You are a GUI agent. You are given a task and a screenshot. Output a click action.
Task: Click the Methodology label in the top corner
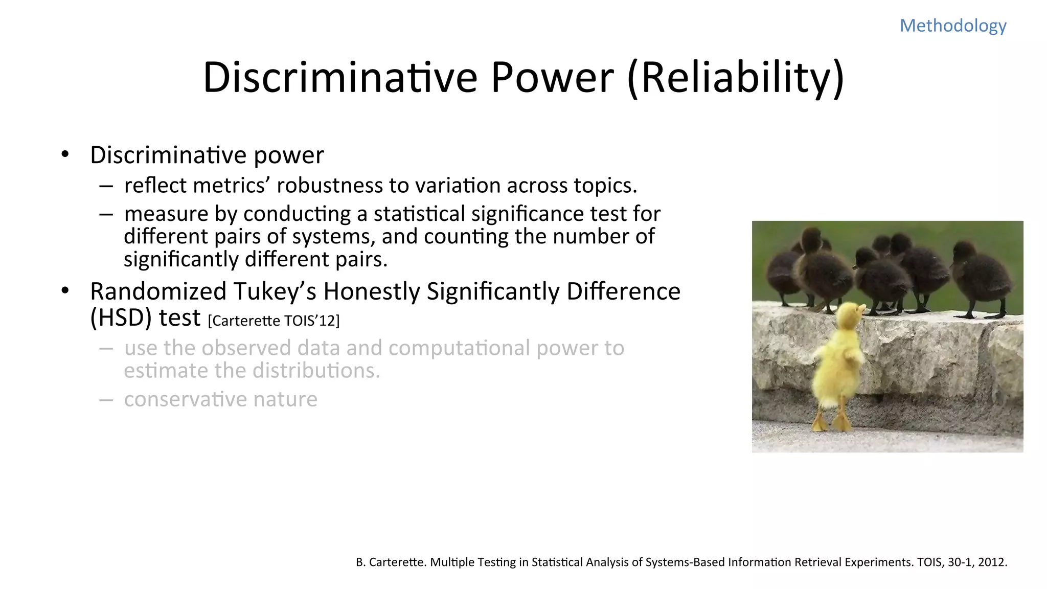click(x=952, y=26)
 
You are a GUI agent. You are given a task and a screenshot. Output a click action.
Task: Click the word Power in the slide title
click(x=552, y=78)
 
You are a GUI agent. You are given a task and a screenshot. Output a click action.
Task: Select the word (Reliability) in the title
click(x=735, y=78)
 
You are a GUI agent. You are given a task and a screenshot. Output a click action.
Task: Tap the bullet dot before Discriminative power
click(x=65, y=154)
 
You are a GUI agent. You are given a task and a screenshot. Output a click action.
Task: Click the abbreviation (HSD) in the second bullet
click(x=121, y=318)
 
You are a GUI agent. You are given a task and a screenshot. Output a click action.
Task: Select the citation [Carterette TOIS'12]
click(x=274, y=321)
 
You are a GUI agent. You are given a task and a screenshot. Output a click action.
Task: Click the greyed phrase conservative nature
click(x=220, y=399)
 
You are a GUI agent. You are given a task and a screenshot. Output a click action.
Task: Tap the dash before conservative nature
click(x=106, y=399)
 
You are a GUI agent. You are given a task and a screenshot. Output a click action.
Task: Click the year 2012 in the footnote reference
click(x=992, y=562)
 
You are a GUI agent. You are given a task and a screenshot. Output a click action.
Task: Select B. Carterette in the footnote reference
click(x=391, y=562)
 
